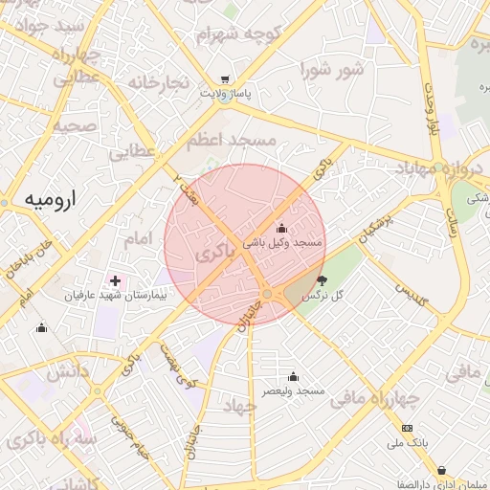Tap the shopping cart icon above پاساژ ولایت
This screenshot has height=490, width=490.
point(224,80)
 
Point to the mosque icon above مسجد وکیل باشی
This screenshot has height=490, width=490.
point(281,228)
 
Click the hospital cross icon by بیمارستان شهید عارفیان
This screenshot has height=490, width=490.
point(116,281)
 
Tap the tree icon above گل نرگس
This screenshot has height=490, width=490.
point(322,281)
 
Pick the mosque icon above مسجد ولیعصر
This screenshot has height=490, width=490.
point(293,376)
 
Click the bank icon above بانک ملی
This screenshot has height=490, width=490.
point(408,428)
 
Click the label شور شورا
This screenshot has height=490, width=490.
point(333,70)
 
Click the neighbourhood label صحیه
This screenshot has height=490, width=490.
point(75,125)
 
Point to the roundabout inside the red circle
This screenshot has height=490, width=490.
point(268,294)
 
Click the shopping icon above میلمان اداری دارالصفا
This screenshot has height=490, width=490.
point(441,470)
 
